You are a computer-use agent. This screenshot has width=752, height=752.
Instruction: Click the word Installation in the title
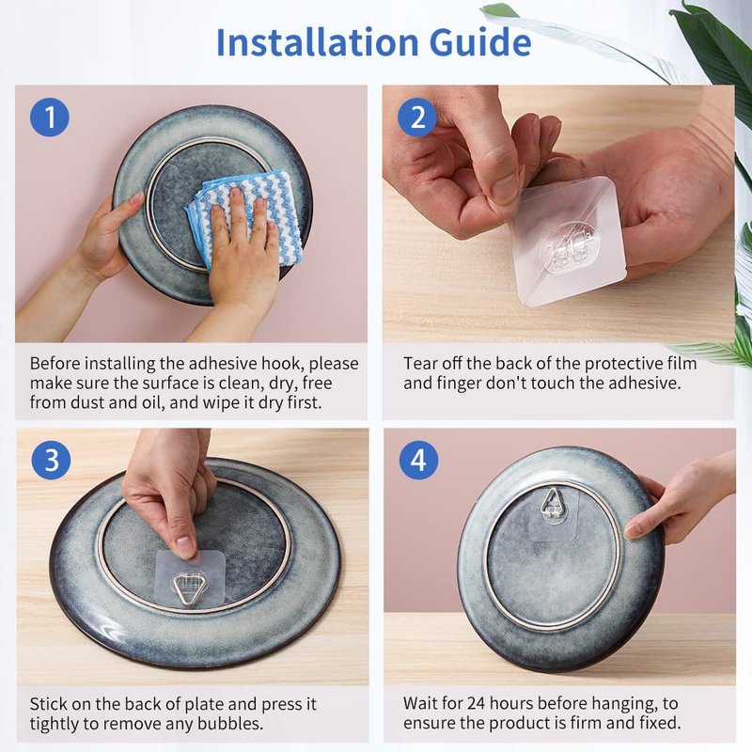click(x=318, y=42)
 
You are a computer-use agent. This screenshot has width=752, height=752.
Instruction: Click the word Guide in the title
click(x=480, y=42)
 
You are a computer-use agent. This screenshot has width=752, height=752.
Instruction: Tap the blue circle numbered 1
click(x=50, y=117)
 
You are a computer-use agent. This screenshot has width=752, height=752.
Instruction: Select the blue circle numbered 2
click(x=417, y=117)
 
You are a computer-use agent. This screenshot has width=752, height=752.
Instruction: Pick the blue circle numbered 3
click(x=51, y=460)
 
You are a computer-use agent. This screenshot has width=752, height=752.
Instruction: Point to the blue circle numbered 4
click(x=418, y=460)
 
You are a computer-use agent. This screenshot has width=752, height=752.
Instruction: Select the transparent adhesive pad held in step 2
click(x=569, y=243)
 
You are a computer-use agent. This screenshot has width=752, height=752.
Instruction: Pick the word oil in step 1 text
click(x=150, y=402)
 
